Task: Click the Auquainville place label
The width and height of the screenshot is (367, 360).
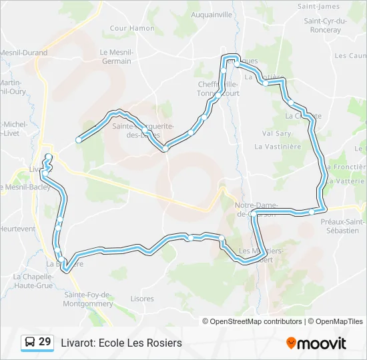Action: point(211,14)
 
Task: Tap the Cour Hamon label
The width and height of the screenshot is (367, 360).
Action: point(132,28)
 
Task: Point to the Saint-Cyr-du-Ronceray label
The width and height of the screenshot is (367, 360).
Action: point(326,25)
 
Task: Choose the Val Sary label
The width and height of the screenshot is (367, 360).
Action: point(277,133)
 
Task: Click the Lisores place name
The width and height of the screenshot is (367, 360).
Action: point(142,299)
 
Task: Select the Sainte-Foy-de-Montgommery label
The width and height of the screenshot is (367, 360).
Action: point(88,299)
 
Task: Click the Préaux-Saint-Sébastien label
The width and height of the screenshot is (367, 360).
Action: point(342,226)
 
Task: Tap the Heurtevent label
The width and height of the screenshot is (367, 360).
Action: point(17,229)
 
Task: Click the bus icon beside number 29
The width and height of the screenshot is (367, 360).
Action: point(30,343)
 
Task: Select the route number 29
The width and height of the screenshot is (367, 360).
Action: point(45,342)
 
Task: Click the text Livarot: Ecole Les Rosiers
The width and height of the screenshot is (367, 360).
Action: point(121,343)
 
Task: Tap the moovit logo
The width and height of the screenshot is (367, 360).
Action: point(316,343)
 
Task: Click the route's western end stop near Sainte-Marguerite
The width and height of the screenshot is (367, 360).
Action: point(79,139)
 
